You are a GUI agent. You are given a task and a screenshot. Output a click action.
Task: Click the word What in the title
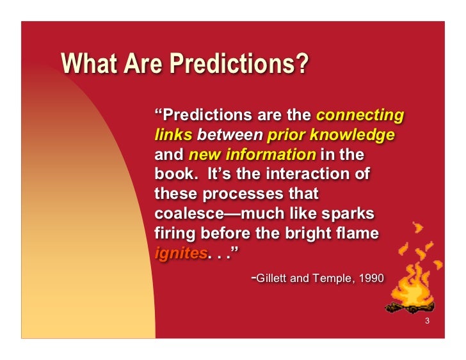point(86,64)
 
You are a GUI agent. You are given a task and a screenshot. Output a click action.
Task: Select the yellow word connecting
point(360,116)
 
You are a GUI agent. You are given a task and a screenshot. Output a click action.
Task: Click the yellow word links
point(173,136)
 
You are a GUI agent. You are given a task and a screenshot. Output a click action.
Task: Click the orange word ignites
point(181,253)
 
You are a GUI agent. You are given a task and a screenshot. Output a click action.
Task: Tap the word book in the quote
point(172,175)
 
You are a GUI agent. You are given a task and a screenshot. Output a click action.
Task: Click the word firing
point(175,233)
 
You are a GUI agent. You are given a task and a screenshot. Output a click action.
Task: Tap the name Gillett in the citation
point(273,279)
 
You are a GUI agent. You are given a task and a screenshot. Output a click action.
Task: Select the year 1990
point(371,279)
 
